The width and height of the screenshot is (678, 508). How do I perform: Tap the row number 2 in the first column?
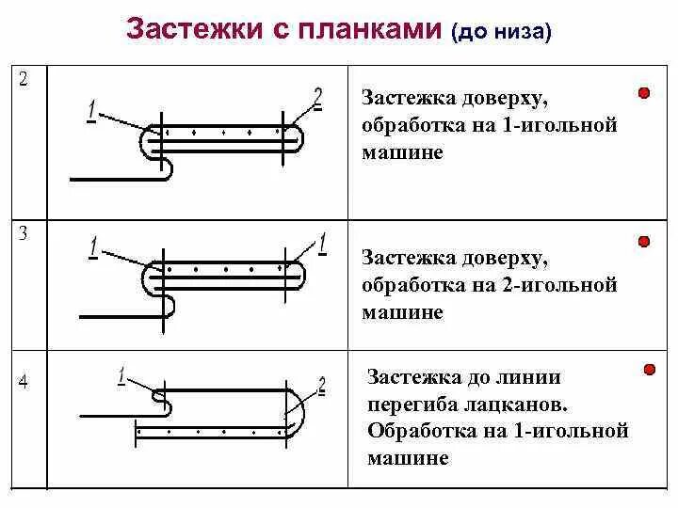[x=24, y=79]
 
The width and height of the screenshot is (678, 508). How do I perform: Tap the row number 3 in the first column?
[x=24, y=234]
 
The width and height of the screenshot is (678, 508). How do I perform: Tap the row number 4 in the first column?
[x=24, y=382]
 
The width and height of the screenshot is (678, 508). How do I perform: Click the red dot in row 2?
[x=644, y=93]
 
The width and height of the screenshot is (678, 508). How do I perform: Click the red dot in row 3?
[x=644, y=242]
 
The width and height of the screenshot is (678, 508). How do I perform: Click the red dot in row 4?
[x=649, y=370]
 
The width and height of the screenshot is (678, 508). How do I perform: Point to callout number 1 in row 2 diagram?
[x=91, y=110]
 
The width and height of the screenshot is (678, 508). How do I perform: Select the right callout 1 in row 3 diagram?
[x=322, y=244]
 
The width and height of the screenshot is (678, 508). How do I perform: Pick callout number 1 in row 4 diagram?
[x=121, y=376]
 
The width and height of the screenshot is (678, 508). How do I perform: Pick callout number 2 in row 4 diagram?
[x=322, y=385]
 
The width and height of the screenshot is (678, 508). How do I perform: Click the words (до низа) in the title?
[x=501, y=32]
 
